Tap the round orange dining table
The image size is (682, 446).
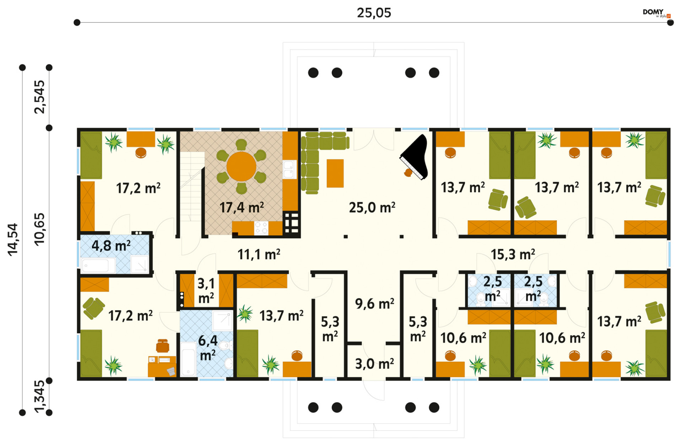pyautogui.click(x=241, y=166)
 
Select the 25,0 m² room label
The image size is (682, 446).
pyautogui.click(x=372, y=207)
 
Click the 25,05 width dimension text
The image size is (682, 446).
pyautogui.click(x=374, y=13)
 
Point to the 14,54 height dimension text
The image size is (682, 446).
pyautogui.click(x=13, y=239)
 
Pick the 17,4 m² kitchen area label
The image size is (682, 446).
pyautogui.click(x=242, y=207)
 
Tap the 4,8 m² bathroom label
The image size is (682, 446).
pyautogui.click(x=111, y=245)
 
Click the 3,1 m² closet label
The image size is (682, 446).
pyautogui.click(x=206, y=291)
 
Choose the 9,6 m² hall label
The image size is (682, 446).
pyautogui.click(x=374, y=304)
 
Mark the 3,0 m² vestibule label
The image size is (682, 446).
pyautogui.click(x=374, y=364)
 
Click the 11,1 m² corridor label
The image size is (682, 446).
pyautogui.click(x=259, y=254)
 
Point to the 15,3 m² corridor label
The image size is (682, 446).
pyautogui.click(x=513, y=254)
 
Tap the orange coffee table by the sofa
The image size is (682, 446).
pyautogui.click(x=335, y=173)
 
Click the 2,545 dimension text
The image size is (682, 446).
pyautogui.click(x=39, y=97)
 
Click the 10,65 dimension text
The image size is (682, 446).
pyautogui.click(x=39, y=229)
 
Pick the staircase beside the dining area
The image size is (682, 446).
pyautogui.click(x=192, y=187)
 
